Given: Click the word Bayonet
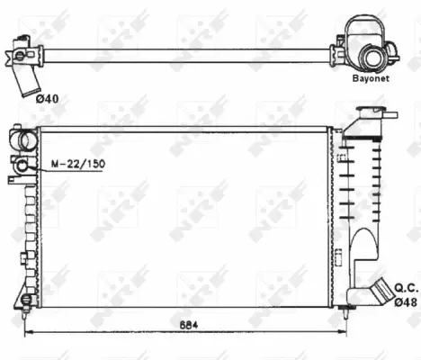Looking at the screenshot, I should [x=370, y=78].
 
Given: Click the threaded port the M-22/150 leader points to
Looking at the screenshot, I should [x=20, y=165].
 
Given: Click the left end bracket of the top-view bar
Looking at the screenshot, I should [x=22, y=52].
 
